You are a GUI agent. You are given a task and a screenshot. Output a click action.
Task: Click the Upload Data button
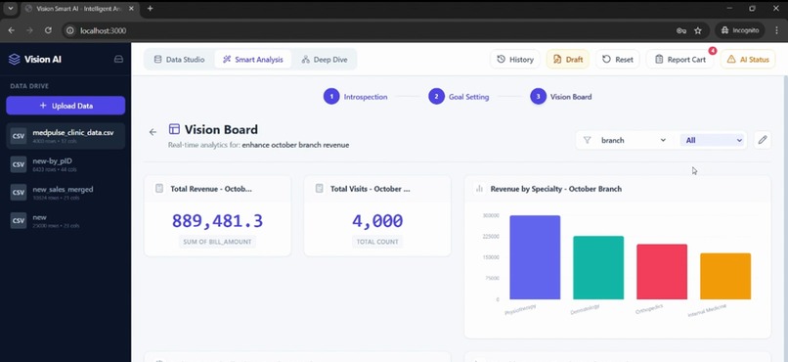[66, 106]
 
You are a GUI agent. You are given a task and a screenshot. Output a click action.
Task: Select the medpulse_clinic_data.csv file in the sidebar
[66, 135]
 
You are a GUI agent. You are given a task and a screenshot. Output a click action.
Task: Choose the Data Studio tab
[180, 60]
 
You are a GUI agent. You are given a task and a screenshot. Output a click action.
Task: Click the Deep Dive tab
[324, 60]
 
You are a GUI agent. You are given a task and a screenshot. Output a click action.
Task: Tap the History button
[515, 60]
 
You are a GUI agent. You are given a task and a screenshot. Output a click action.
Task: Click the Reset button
[618, 60]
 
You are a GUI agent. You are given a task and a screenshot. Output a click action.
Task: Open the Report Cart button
[679, 60]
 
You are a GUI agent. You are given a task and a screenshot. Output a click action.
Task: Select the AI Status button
[748, 60]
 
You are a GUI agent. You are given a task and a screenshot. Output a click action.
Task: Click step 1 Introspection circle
[331, 97]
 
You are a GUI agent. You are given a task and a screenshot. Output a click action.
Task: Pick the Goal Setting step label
[468, 97]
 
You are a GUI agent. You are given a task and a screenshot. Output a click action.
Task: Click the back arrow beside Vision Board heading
[153, 132]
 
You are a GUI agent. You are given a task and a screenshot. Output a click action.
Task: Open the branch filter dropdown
[625, 140]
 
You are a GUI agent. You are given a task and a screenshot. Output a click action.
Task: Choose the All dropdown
[713, 140]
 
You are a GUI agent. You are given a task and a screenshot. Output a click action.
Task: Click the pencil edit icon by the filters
[763, 140]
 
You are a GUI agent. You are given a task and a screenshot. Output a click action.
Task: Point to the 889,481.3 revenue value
[217, 221]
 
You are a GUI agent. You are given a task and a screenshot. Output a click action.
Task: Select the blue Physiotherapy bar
[535, 257]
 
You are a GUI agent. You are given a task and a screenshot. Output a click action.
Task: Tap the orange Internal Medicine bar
[725, 276]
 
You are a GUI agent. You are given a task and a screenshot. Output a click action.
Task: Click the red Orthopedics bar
[662, 271]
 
